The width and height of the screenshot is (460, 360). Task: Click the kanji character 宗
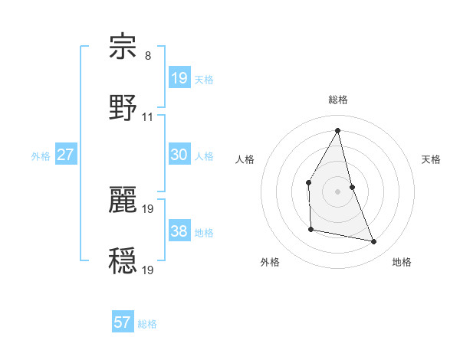click(123, 47)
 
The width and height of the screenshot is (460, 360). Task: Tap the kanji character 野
click(123, 107)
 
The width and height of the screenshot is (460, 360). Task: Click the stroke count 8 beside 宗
click(148, 56)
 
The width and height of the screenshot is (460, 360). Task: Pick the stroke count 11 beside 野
click(148, 117)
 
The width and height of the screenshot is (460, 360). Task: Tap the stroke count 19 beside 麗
click(148, 208)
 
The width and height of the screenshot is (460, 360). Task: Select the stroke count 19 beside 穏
click(148, 270)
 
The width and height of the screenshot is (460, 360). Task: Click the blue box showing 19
click(179, 78)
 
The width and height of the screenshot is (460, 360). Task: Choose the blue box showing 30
click(179, 155)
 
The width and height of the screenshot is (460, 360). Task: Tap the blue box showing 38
click(179, 231)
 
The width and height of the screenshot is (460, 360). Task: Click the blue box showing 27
click(66, 155)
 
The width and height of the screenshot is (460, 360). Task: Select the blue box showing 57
click(123, 322)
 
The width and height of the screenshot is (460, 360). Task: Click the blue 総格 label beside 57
click(147, 324)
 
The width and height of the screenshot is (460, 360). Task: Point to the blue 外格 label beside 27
click(41, 156)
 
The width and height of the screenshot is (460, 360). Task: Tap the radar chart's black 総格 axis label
click(337, 100)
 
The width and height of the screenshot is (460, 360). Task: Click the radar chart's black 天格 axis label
click(431, 159)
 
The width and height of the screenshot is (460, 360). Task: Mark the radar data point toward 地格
click(374, 241)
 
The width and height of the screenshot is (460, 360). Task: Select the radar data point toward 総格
click(337, 130)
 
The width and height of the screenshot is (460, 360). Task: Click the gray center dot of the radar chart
click(337, 191)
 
